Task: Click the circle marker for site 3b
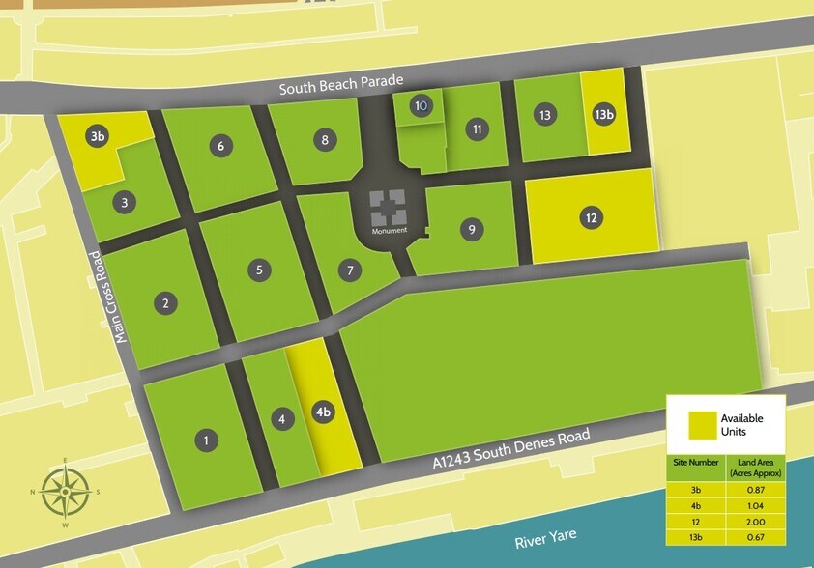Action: pos(98,136)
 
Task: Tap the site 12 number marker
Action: pos(591,217)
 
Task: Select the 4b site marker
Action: pos(324,412)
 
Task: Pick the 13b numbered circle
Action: pos(604,114)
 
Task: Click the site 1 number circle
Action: pos(205,441)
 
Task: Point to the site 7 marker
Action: pos(349,270)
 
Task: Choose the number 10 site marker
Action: pos(421,105)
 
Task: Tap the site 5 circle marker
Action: pos(258,270)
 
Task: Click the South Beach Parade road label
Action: pos(340,87)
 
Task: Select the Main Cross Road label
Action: pos(107,298)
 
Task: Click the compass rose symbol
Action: pos(64,492)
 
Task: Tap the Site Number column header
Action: pos(695,463)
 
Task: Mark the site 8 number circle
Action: pos(325,140)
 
